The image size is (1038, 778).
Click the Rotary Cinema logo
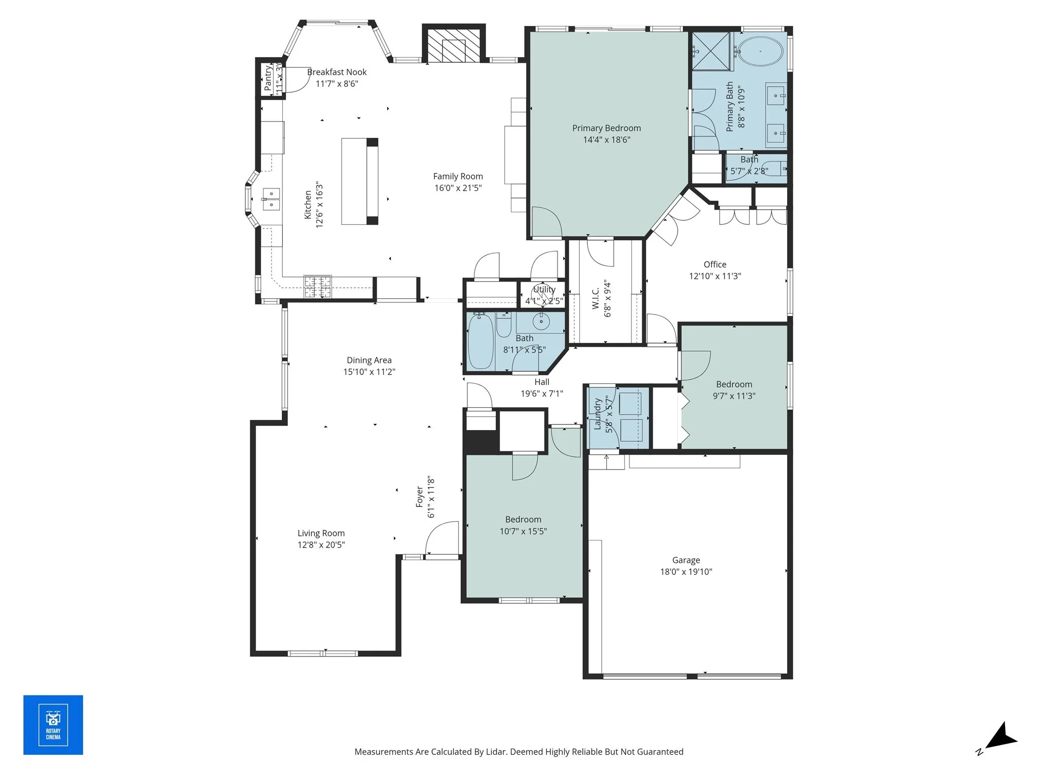pyautogui.click(x=53, y=725)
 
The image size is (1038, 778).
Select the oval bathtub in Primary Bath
pyautogui.click(x=760, y=52)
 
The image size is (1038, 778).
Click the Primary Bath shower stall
pyautogui.click(x=711, y=51)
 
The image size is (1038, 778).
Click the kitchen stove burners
pyautogui.click(x=318, y=287)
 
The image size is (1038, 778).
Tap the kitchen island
pyautogui.click(x=359, y=181)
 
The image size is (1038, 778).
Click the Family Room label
pyautogui.click(x=458, y=176)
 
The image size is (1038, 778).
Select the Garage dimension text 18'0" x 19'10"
pyautogui.click(x=686, y=572)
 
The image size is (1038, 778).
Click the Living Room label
pyautogui.click(x=321, y=533)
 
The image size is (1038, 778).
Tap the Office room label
pyautogui.click(x=715, y=264)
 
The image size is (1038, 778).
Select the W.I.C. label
pyautogui.click(x=596, y=298)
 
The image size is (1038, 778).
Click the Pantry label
pyautogui.click(x=268, y=77)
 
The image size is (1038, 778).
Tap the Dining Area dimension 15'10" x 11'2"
pyautogui.click(x=369, y=372)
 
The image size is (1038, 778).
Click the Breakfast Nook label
pyautogui.click(x=337, y=72)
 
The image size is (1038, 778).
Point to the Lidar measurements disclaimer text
pyautogui.click(x=518, y=752)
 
